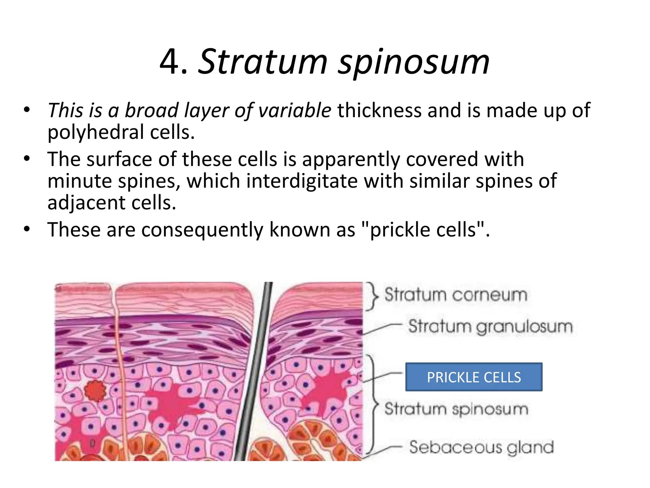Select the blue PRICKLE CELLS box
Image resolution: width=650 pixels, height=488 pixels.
(474, 377)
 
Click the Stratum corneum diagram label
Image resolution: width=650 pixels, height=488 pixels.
(456, 295)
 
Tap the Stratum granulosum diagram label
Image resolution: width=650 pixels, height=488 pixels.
(490, 326)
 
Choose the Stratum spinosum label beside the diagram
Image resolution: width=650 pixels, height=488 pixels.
(456, 409)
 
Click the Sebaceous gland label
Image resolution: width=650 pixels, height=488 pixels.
(481, 447)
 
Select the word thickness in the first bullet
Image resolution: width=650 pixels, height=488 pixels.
(380, 110)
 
